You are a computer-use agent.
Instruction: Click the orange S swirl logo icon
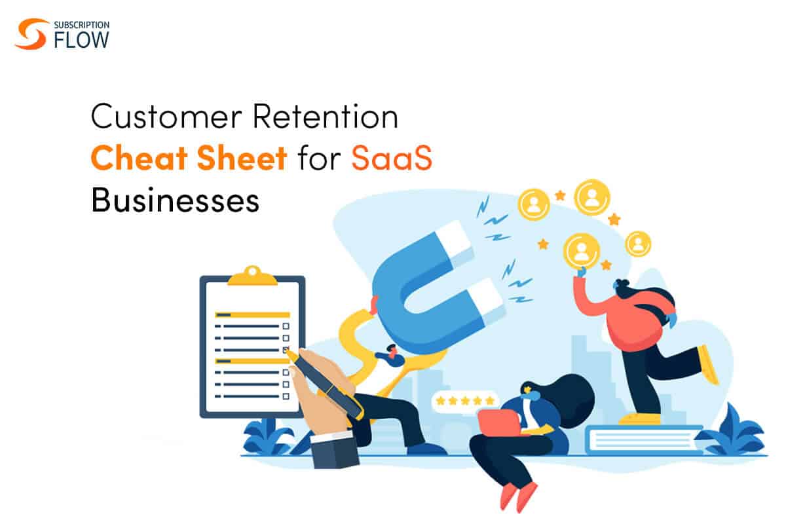[x=31, y=33]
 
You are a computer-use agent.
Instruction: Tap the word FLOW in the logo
[x=81, y=40]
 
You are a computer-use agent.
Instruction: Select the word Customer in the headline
[x=166, y=116]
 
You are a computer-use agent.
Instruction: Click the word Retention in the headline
[x=326, y=116]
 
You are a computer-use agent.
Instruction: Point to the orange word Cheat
[x=139, y=158]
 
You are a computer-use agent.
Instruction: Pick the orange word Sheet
[x=242, y=158]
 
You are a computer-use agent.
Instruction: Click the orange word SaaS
[x=392, y=158]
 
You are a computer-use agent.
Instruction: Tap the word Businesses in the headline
[x=175, y=199]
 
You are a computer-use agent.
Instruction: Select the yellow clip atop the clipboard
[x=252, y=276]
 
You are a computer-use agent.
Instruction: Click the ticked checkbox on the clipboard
[x=286, y=350]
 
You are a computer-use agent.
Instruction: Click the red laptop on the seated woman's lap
[x=500, y=422]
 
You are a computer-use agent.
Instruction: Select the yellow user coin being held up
[x=582, y=252]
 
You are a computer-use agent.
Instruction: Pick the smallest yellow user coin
[x=638, y=244]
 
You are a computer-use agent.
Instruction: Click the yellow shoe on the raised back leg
[x=707, y=365]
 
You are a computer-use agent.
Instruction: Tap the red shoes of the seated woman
[x=517, y=496]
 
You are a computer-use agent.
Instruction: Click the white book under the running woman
[x=645, y=440]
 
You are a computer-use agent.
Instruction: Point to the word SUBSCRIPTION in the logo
[x=81, y=25]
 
